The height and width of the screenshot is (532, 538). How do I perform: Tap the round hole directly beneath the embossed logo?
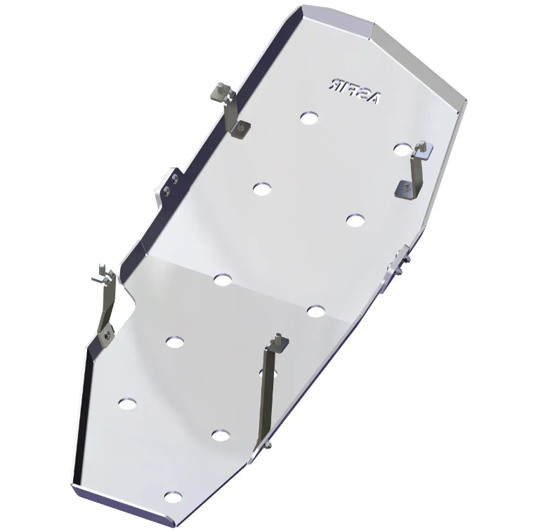tap(308, 118)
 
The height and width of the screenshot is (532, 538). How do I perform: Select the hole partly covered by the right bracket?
tap(402, 149)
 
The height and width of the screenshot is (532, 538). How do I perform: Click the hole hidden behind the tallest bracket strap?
tap(265, 372)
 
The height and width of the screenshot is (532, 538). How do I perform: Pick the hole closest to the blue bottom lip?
tap(171, 497)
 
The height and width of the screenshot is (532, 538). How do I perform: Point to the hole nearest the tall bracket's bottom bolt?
tap(221, 435)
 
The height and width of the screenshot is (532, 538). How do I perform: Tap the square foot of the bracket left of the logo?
tap(241, 127)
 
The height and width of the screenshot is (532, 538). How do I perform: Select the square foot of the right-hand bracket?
tap(405, 187)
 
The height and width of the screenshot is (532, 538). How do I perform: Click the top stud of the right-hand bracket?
tap(422, 148)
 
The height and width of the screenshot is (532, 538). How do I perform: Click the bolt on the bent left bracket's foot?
tap(105, 335)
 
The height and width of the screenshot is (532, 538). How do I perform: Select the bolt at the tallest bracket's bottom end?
tap(268, 444)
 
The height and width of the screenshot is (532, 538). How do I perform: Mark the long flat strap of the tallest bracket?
tap(270, 393)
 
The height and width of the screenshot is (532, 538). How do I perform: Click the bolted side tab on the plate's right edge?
tap(398, 267)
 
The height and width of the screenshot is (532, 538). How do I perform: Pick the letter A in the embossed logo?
tap(372, 93)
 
